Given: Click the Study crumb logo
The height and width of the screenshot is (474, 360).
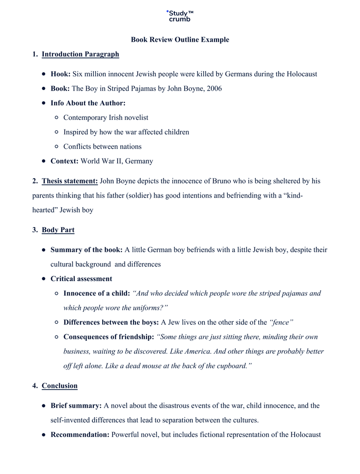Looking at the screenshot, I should [180, 16].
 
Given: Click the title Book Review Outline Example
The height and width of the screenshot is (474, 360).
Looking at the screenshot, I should [180, 40].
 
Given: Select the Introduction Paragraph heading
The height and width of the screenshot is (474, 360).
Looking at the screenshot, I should [80, 55].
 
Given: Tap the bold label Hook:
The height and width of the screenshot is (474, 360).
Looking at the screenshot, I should [61, 74].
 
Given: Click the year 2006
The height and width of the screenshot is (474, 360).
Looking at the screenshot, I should [214, 89].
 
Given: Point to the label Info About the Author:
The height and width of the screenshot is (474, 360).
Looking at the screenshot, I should [88, 103].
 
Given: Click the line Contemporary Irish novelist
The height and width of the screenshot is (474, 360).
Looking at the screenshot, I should [106, 118].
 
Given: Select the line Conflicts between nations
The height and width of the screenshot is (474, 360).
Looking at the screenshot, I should [102, 146].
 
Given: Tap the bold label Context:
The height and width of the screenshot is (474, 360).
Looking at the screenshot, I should [64, 161].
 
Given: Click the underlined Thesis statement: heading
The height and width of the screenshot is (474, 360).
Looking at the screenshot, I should [70, 181].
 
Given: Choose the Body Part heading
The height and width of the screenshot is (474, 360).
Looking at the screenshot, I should [58, 230].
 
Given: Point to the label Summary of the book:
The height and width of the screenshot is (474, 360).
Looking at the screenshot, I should [87, 250].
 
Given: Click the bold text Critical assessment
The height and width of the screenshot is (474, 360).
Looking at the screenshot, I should [81, 279].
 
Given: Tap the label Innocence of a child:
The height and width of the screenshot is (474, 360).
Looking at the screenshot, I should [97, 293].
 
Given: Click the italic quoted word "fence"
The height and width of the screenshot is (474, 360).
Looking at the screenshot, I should [281, 322].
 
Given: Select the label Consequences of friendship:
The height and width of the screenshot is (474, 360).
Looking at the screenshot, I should [108, 337].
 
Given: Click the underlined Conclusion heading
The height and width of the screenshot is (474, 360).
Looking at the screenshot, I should [59, 386].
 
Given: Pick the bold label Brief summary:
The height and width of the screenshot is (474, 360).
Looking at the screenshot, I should [76, 406].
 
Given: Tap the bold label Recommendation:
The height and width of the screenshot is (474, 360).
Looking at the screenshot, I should [80, 435].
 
